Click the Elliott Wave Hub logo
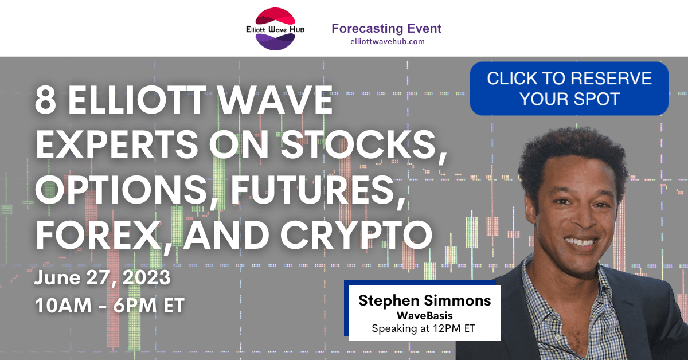[275, 29]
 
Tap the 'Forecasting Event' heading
[386, 29]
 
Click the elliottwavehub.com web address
[388, 41]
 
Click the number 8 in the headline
[46, 100]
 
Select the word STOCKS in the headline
[364, 144]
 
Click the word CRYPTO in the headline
[357, 234]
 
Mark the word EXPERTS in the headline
[117, 144]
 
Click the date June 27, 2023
[102, 278]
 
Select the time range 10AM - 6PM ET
[110, 306]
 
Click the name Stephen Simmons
[424, 300]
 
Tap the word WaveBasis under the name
[424, 315]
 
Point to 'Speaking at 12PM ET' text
[423, 328]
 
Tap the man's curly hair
[573, 154]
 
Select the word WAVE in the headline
[275, 100]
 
